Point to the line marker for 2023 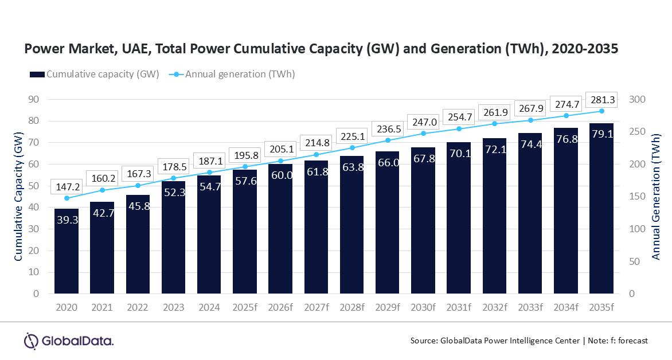tap(174, 178)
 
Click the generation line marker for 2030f tap(423, 134)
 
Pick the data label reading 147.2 tap(67, 186)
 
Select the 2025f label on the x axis tap(245, 308)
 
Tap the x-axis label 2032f tap(494, 308)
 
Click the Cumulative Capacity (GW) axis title tap(19, 197)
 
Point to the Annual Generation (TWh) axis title tap(657, 197)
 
